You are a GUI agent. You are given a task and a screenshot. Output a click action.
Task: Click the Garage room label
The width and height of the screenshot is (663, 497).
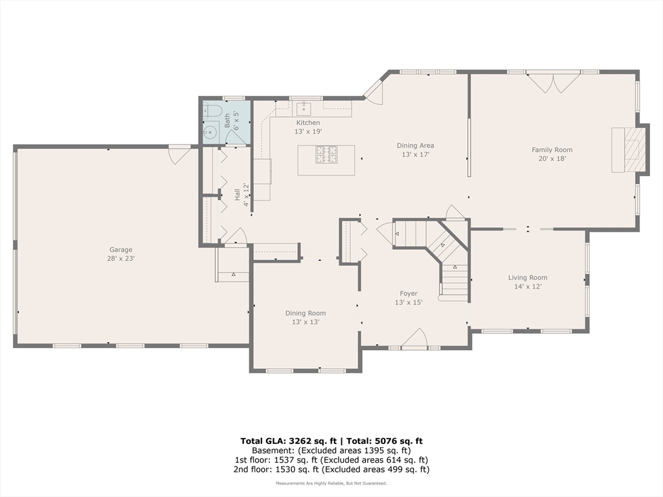coord(121,250)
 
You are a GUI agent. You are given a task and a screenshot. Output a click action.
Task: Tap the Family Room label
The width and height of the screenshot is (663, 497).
coord(552,149)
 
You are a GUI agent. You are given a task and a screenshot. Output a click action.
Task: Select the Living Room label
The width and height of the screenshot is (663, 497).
coord(528,278)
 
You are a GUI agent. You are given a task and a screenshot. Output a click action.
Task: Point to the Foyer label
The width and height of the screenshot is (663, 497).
coord(409,293)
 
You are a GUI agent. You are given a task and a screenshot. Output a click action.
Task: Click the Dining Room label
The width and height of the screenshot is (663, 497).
coord(306,313)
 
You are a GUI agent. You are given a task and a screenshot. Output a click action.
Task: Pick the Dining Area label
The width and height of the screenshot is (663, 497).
coord(415,146)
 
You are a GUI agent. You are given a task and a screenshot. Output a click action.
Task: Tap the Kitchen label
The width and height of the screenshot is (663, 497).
coord(308,122)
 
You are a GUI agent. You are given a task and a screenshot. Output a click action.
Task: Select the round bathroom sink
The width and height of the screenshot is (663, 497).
coord(210,132)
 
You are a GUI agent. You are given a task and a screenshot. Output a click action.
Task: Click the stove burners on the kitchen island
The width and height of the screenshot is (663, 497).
coord(327,154)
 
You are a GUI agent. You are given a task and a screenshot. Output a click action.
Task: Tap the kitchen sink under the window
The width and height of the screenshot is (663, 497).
coord(304,109)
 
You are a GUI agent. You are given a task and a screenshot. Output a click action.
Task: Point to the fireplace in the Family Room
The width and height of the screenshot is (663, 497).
coord(628,149)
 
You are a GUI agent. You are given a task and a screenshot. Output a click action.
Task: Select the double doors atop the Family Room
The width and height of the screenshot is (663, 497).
coord(553,83)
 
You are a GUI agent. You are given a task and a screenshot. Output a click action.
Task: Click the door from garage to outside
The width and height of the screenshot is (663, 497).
coord(179,155)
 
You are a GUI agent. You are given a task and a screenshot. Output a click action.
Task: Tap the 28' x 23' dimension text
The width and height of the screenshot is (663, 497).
coord(121,258)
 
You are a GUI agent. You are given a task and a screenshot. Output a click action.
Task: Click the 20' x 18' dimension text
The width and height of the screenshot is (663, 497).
coord(552,159)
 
